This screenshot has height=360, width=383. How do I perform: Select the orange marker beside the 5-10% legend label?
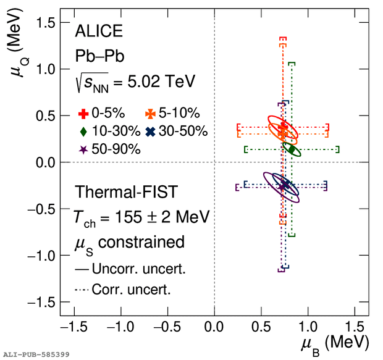pos(149,113)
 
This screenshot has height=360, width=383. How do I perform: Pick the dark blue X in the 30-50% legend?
pos(149,131)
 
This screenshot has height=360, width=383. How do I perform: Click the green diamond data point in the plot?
pos(292,149)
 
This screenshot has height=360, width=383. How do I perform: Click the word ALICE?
pos(98,31)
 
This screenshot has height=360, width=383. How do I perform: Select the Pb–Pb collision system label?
pos(99,56)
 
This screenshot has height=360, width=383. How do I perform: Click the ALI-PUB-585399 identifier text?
pos(36,354)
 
